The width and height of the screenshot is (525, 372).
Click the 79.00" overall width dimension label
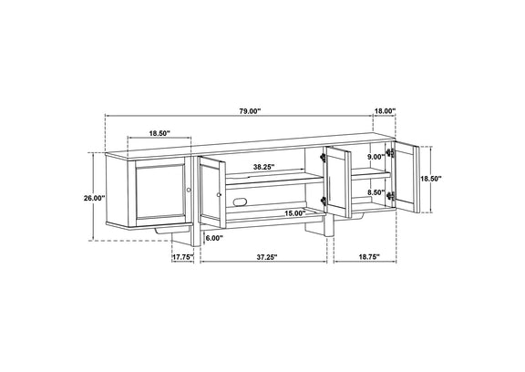[250, 111]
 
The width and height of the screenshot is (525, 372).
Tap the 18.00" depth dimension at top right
[385, 111]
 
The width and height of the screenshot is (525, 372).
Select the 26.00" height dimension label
[95, 198]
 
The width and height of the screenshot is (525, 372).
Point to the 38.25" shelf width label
[263, 167]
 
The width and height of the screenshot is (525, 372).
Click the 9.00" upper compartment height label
[376, 157]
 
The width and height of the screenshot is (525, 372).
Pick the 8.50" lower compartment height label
[376, 192]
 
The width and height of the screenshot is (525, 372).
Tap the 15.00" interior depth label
[295, 213]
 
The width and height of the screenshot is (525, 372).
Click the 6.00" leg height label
[214, 238]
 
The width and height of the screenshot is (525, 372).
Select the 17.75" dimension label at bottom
[183, 257]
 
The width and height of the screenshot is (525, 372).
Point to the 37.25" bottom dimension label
[268, 257]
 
